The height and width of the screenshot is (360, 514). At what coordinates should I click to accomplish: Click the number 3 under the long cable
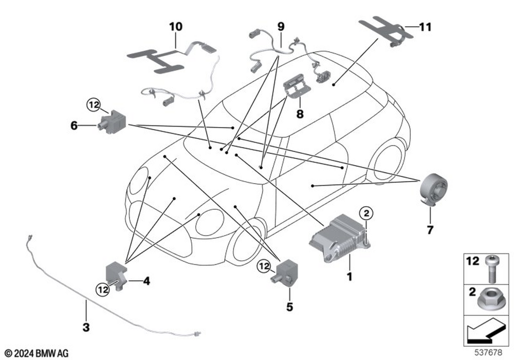point(86,327)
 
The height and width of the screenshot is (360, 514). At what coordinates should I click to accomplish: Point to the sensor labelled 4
point(116,273)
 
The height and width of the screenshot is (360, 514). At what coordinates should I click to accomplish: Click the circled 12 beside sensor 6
point(93,105)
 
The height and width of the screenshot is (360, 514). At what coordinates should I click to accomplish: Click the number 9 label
point(280,25)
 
